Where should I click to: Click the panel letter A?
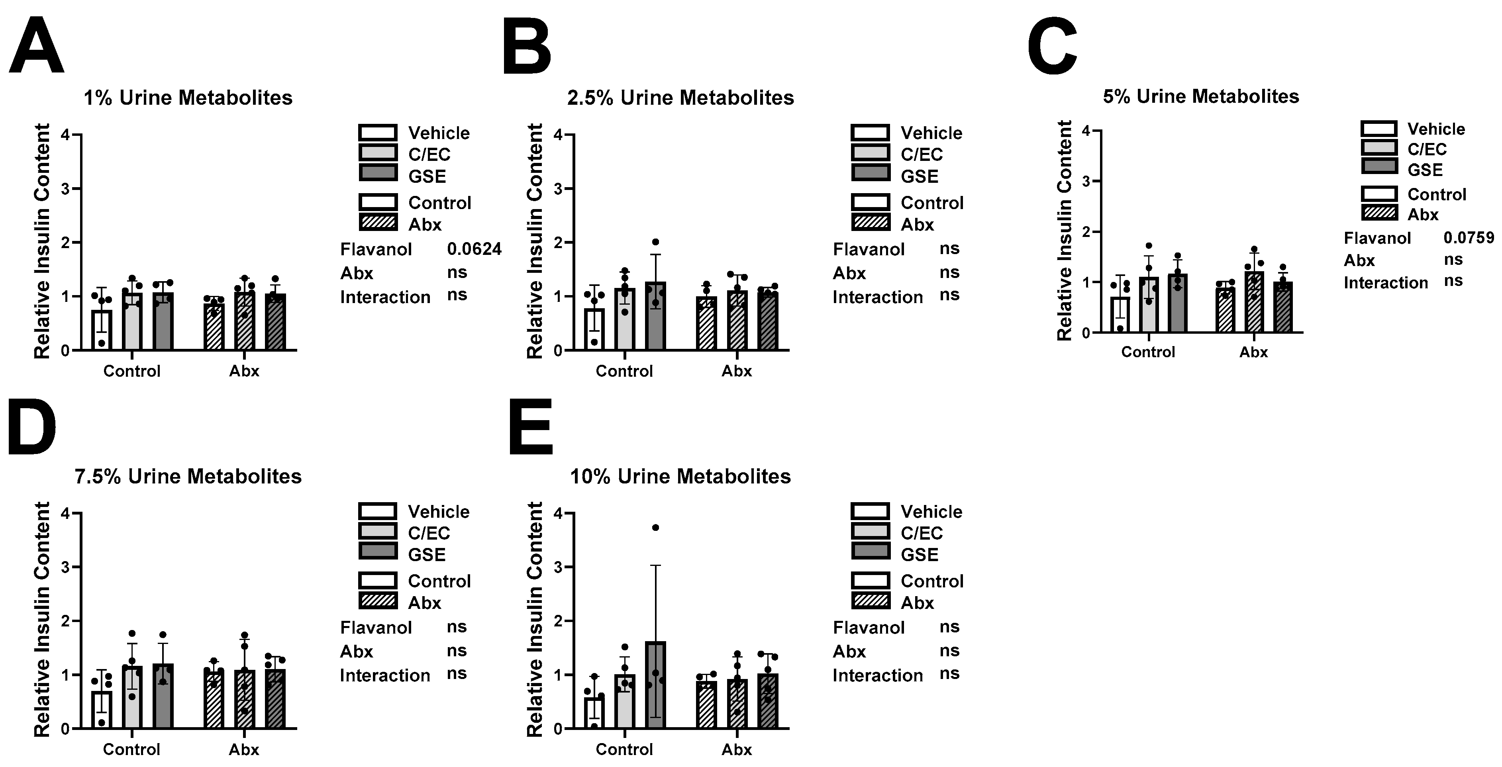[x=36, y=47]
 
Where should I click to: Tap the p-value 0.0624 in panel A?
[x=474, y=249]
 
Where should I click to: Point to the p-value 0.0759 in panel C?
[x=1468, y=238]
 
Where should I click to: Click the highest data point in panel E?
[x=655, y=527]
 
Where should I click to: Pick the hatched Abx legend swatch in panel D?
[x=378, y=600]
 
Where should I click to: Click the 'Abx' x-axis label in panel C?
[x=1254, y=352]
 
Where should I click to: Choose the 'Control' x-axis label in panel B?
[x=624, y=371]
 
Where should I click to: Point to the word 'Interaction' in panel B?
[x=878, y=297]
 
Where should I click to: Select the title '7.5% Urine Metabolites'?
[x=188, y=477]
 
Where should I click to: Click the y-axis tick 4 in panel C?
[x=1085, y=131]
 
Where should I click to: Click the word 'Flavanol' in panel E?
[x=869, y=628]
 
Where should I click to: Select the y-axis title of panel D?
[x=42, y=620]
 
